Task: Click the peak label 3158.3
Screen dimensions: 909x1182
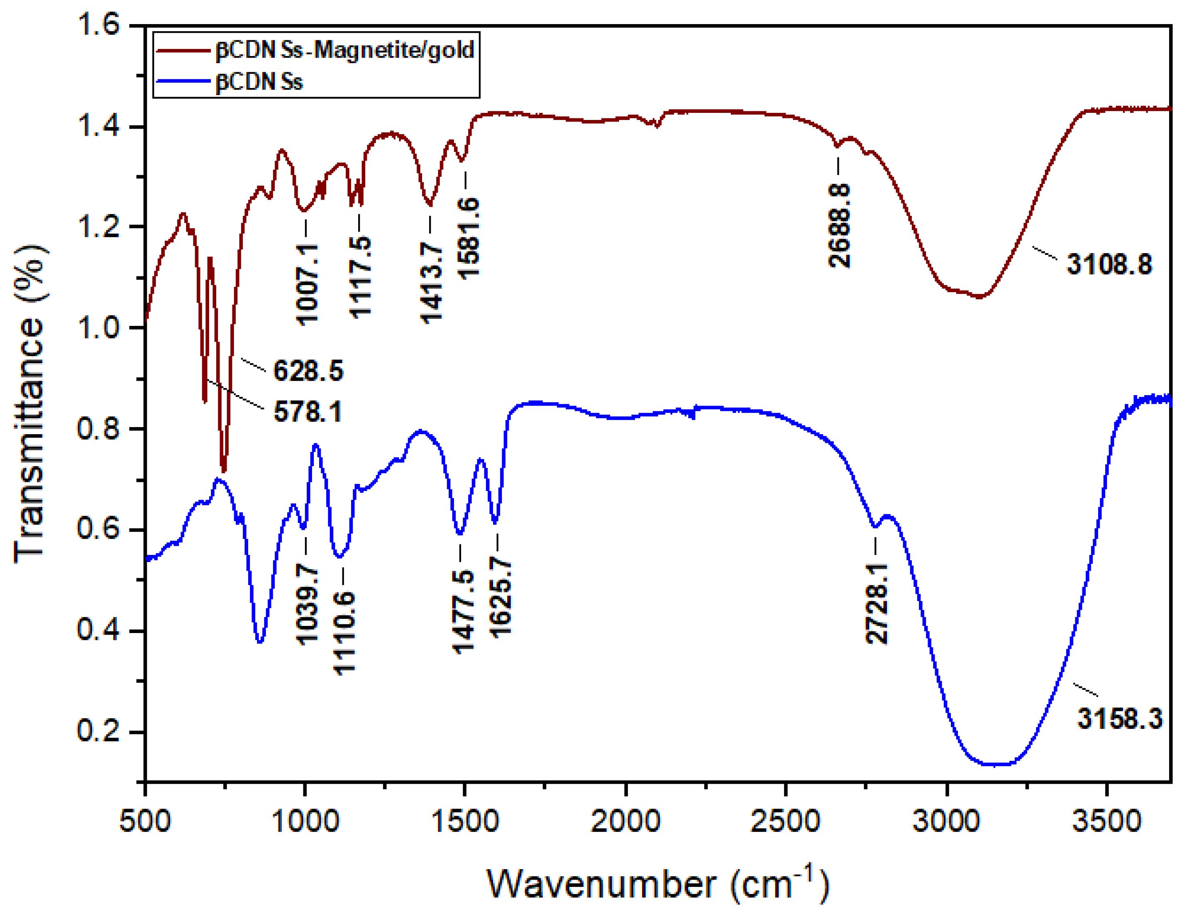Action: click(x=1119, y=718)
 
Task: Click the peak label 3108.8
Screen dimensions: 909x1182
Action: click(x=1109, y=264)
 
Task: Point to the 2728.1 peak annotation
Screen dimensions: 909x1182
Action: click(x=877, y=603)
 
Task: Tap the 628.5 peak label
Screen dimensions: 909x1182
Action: click(x=308, y=371)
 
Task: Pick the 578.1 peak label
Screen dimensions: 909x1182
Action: click(x=307, y=412)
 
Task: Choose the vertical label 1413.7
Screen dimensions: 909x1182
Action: click(x=431, y=282)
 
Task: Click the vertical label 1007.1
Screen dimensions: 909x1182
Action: click(x=307, y=283)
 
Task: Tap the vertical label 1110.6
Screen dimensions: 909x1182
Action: click(x=344, y=633)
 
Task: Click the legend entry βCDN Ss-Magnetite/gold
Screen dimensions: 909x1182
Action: click(x=344, y=50)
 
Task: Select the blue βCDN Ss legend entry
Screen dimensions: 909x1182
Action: click(x=259, y=82)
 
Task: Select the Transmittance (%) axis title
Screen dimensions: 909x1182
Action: click(x=30, y=403)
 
